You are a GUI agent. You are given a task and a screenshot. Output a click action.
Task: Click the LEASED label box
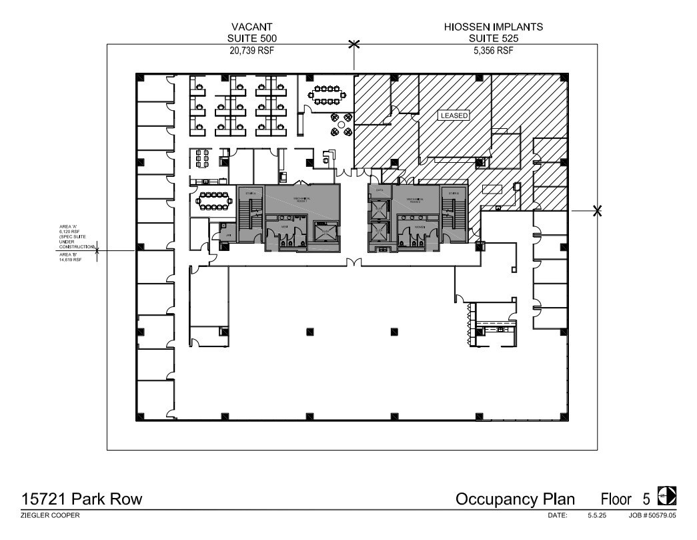454,115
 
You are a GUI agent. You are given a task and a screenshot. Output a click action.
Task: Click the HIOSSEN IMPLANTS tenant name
494,27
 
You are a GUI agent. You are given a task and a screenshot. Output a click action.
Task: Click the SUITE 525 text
494,39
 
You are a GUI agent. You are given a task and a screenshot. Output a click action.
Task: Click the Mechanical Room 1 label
293,199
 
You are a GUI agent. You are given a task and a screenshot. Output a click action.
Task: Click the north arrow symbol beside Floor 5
666,496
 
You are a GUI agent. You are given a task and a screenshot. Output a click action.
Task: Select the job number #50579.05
657,516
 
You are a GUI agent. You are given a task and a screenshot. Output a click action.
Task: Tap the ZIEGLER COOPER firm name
50,516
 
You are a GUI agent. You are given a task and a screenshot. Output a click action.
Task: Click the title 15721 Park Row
81,499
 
